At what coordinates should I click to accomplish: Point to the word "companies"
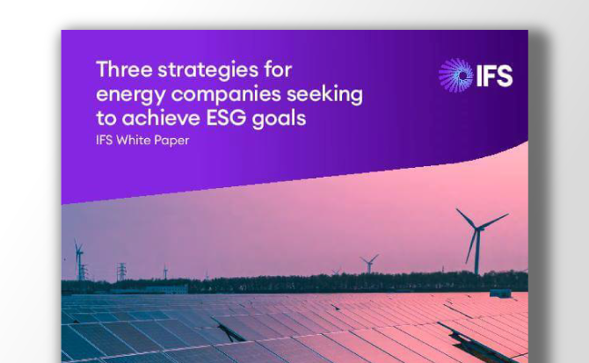tap(225, 93)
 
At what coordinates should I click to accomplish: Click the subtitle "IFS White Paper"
tap(142, 140)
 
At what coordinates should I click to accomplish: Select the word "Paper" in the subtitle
tap(172, 140)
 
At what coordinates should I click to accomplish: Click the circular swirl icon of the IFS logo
tap(455, 75)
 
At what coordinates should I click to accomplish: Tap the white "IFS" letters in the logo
tap(494, 76)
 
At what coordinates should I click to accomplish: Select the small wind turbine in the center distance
tap(369, 263)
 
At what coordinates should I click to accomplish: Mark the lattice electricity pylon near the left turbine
tap(121, 271)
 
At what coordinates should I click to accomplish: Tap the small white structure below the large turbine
tap(499, 292)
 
